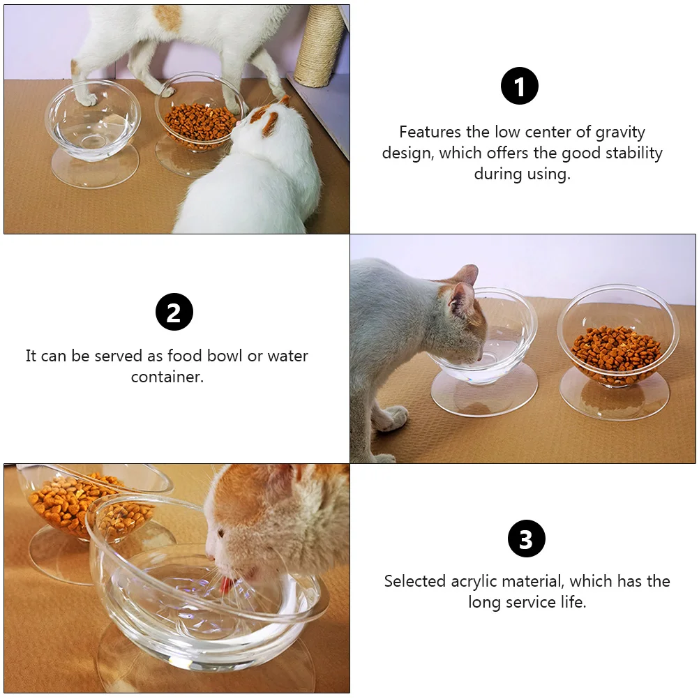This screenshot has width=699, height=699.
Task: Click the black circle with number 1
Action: tap(520, 87)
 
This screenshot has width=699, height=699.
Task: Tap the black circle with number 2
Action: tap(174, 312)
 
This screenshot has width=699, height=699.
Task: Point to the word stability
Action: tap(628, 153)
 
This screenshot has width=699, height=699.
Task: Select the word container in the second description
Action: tap(167, 377)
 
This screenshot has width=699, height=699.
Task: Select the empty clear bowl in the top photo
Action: tap(92, 122)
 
